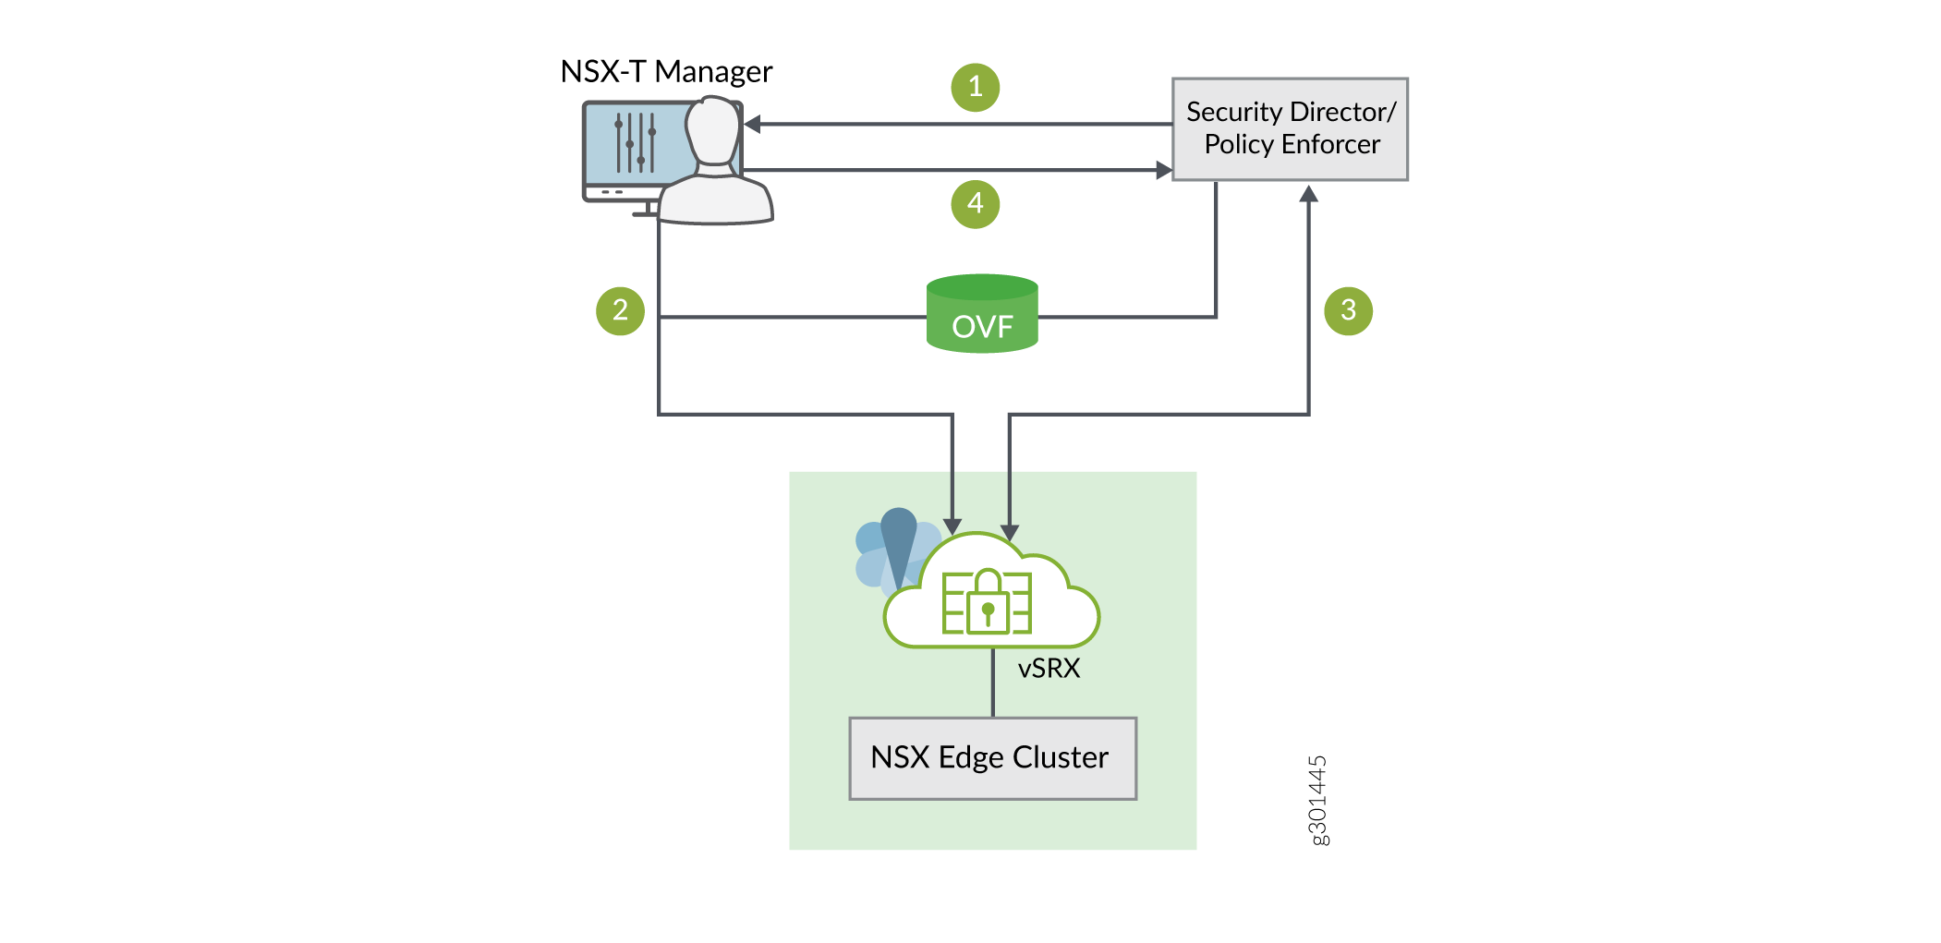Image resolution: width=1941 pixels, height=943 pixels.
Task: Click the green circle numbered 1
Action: (x=975, y=88)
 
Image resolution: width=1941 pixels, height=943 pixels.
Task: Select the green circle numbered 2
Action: (x=620, y=310)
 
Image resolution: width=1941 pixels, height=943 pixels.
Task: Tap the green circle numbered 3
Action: (x=1348, y=310)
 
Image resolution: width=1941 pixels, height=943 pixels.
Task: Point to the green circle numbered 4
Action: (x=975, y=204)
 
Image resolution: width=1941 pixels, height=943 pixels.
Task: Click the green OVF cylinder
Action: (x=982, y=314)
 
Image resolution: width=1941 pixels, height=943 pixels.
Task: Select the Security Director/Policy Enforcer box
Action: (x=1290, y=129)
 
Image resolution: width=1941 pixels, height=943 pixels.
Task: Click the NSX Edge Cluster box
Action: (x=992, y=758)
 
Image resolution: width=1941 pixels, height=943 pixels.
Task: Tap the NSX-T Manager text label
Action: (x=666, y=72)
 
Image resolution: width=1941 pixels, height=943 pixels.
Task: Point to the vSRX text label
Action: (x=1049, y=669)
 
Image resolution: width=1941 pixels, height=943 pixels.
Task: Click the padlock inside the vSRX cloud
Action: (x=988, y=602)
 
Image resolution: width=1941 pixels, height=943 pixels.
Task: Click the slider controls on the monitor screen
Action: (x=635, y=142)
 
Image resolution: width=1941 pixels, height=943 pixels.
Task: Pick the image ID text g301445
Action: (x=1318, y=800)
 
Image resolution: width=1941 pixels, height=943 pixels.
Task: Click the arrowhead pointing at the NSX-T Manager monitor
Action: (x=752, y=124)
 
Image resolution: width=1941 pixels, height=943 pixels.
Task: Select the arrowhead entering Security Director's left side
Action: (x=1164, y=170)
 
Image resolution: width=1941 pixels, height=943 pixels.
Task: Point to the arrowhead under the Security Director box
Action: (x=1308, y=194)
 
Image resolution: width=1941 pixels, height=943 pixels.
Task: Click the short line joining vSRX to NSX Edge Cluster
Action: (x=993, y=683)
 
